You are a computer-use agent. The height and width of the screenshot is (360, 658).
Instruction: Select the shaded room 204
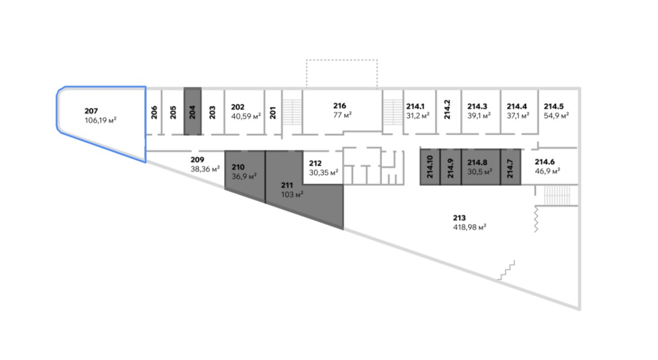(x=193, y=111)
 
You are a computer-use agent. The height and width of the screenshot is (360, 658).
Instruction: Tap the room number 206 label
(x=155, y=112)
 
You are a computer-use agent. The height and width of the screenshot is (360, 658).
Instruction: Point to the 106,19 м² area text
(x=102, y=120)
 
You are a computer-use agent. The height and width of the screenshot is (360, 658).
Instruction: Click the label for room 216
(x=340, y=106)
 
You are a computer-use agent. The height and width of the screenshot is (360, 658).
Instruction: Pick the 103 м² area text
(x=292, y=194)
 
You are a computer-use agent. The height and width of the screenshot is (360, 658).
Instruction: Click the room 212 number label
(x=315, y=163)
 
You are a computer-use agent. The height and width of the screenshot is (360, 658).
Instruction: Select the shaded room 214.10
(x=430, y=167)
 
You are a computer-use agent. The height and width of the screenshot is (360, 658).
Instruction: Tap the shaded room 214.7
(x=510, y=167)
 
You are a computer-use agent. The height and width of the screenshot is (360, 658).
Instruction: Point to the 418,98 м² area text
(x=469, y=228)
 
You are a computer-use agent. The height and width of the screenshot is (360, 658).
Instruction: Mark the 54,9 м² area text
(x=556, y=116)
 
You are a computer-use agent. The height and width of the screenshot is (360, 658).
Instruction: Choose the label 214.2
(x=448, y=110)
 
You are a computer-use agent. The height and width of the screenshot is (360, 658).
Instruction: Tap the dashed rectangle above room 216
(x=341, y=73)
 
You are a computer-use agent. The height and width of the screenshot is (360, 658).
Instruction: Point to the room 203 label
(x=212, y=112)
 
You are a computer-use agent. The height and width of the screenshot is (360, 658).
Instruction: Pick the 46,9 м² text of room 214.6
(x=548, y=170)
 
